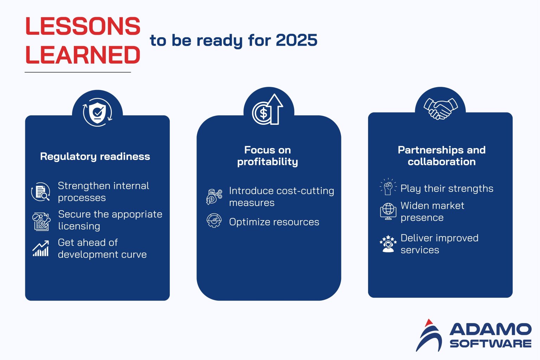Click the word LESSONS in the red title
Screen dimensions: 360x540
(x=83, y=26)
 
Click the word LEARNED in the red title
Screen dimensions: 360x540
(x=83, y=55)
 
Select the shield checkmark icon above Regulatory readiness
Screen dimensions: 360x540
(x=97, y=112)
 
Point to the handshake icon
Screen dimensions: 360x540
(x=441, y=108)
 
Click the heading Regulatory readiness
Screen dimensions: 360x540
(x=95, y=156)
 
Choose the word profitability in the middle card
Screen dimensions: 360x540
(x=268, y=162)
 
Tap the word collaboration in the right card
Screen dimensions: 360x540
(x=442, y=162)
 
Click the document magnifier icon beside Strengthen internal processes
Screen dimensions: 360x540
(x=41, y=192)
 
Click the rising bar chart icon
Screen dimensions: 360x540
(x=41, y=249)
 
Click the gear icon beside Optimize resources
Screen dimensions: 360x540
(x=214, y=221)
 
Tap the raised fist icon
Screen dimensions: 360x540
(x=388, y=187)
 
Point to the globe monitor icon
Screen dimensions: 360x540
(x=388, y=211)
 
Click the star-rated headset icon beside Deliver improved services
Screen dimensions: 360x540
(x=388, y=244)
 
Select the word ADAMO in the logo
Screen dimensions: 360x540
(x=490, y=330)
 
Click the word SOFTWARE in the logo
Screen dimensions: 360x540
(x=490, y=343)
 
